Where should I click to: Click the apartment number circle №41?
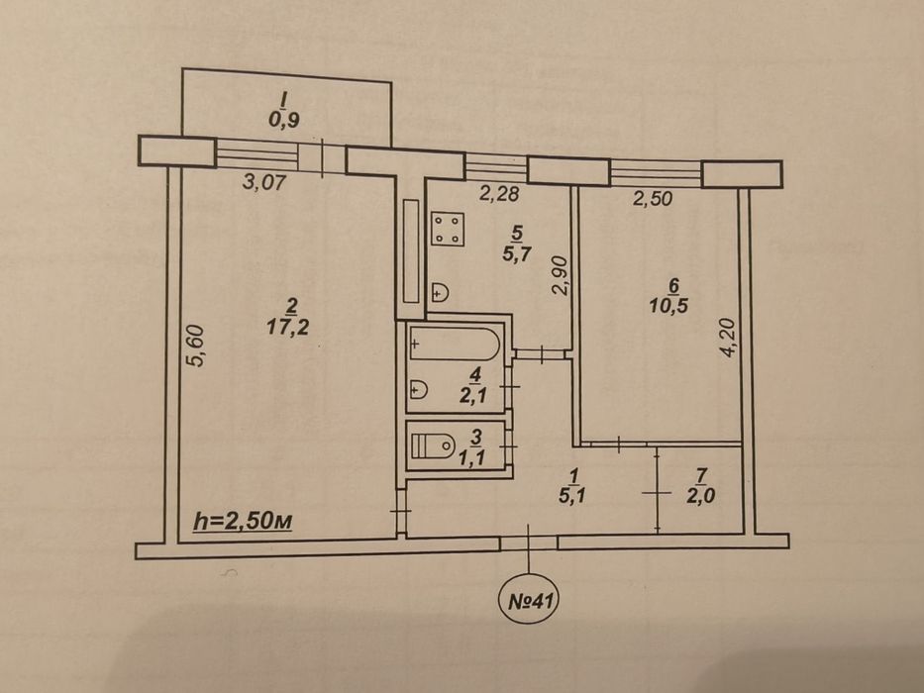(529, 601)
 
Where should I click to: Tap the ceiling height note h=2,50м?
(244, 521)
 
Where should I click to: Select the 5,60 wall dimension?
(197, 346)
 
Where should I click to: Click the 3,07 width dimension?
(264, 181)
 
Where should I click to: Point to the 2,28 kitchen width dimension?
(498, 193)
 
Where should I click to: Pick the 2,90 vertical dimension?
(561, 275)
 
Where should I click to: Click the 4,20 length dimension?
(728, 339)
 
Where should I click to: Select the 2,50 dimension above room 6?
(653, 198)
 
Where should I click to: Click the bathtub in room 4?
(455, 343)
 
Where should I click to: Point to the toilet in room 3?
(433, 445)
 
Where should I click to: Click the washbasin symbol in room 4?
(418, 389)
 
